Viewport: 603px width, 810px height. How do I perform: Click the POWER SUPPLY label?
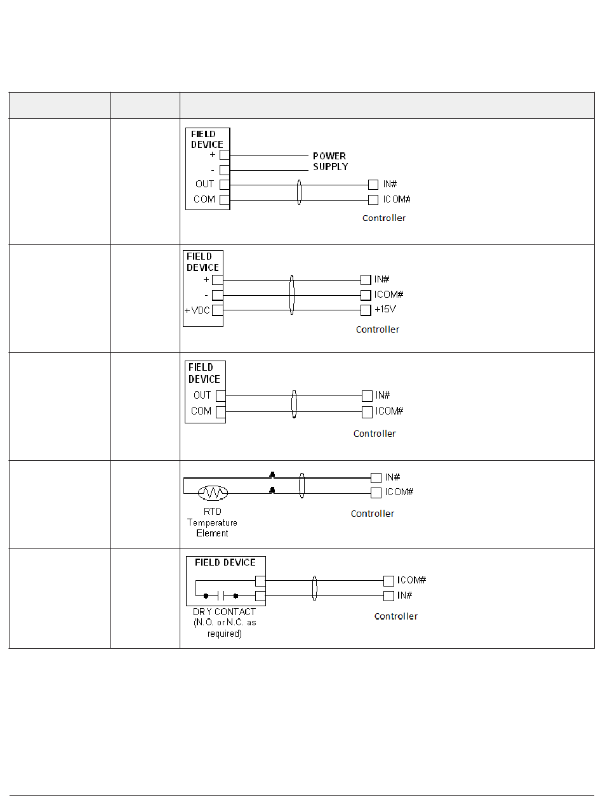coord(330,161)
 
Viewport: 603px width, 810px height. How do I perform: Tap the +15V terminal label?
coord(385,310)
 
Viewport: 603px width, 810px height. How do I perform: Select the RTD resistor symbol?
coord(213,493)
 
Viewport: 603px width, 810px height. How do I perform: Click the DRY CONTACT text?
coord(225,612)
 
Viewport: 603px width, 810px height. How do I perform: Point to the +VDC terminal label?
coord(197,310)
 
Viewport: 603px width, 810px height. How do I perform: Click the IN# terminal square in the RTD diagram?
coord(376,477)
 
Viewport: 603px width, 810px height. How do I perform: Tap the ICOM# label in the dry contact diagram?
coord(411,580)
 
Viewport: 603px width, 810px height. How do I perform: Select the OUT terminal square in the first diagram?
coord(225,185)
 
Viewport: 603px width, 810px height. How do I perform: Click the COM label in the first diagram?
coord(204,199)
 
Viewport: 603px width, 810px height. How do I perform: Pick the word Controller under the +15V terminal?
coord(378,329)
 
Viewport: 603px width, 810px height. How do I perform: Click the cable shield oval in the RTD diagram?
coord(302,485)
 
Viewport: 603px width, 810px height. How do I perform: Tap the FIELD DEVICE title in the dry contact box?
coord(225,562)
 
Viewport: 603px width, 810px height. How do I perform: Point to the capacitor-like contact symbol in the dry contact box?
coord(220,596)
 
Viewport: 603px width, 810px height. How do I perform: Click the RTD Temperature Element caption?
coord(212,522)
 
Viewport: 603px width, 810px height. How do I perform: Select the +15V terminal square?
coord(366,310)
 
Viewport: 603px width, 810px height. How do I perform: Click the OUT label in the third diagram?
coord(202,395)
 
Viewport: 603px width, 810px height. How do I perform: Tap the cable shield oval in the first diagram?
coord(300,192)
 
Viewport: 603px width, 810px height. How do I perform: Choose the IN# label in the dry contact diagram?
coord(404,595)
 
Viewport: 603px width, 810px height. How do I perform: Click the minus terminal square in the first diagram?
coord(225,170)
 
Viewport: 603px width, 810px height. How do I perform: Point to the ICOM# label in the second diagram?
coord(389,295)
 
